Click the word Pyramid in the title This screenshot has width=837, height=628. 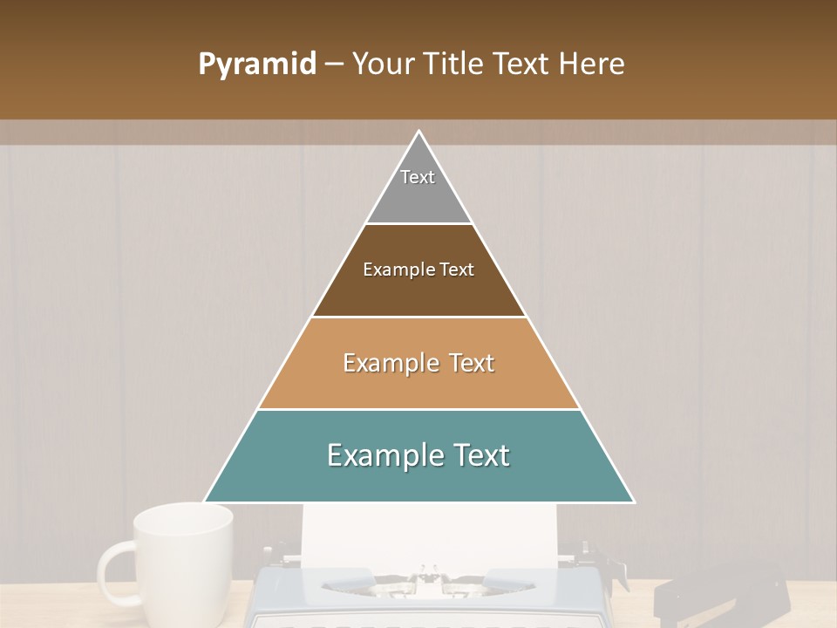(256, 65)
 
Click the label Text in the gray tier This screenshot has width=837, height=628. (418, 177)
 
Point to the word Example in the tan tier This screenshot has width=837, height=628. (387, 363)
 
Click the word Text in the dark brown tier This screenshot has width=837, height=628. (458, 270)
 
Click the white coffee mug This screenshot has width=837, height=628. (183, 558)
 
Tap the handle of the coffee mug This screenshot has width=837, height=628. (113, 571)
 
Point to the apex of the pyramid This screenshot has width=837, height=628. (418, 133)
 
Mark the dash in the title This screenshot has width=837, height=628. (334, 65)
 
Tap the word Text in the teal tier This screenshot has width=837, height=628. (480, 455)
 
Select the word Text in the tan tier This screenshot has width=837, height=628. (472, 363)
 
